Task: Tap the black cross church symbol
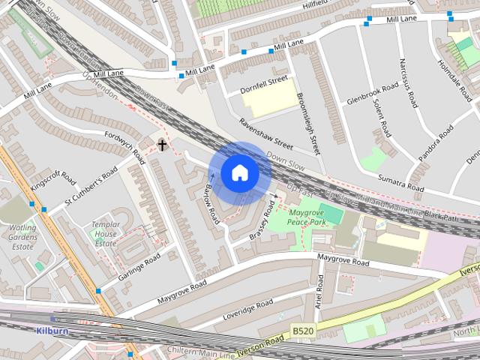click(x=161, y=144)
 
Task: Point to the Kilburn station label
click(x=51, y=329)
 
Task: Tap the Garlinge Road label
click(x=139, y=267)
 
